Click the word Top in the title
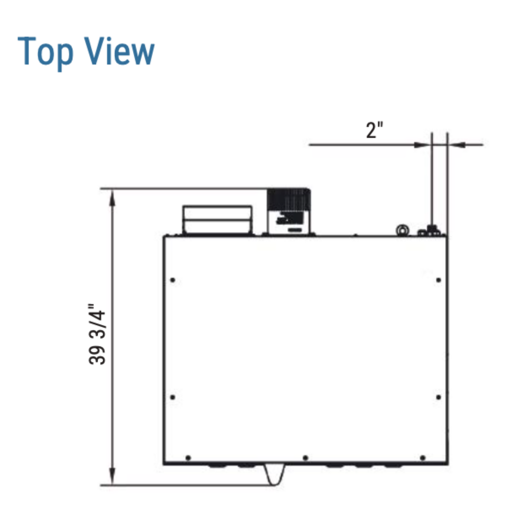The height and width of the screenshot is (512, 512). click(45, 53)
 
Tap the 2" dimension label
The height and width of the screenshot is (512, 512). click(375, 130)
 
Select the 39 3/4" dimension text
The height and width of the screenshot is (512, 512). click(97, 334)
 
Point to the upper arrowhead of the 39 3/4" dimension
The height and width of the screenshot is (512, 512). click(112, 198)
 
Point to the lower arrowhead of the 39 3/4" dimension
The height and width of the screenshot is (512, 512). click(112, 475)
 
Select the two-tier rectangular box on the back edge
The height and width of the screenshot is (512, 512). click(217, 220)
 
